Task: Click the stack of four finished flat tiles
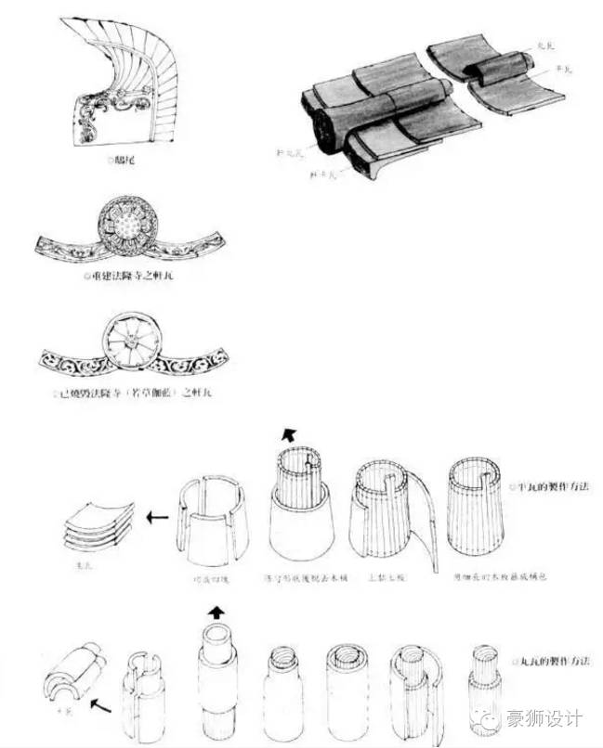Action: coord(98,524)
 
